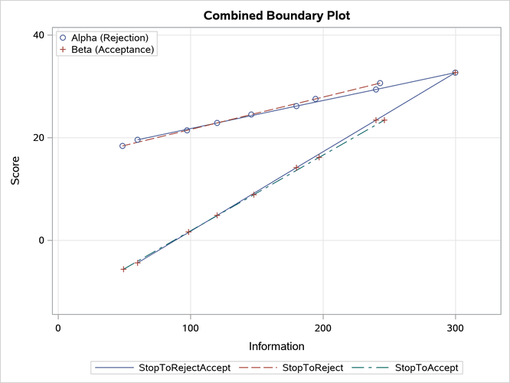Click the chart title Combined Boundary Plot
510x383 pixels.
(x=255, y=15)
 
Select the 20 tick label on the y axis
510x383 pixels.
(x=37, y=138)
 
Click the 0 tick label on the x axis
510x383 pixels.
(x=58, y=327)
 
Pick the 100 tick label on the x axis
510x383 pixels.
(x=190, y=327)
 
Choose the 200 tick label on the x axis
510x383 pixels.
(x=323, y=327)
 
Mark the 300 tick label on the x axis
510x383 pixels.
(x=456, y=327)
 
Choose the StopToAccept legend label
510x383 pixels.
(x=430, y=369)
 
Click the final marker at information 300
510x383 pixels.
(x=456, y=73)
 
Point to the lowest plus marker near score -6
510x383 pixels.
(x=123, y=269)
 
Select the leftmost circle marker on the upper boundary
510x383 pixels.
(x=123, y=146)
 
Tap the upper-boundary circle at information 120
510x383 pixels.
(x=217, y=123)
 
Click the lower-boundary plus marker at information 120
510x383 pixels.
(x=217, y=215)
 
